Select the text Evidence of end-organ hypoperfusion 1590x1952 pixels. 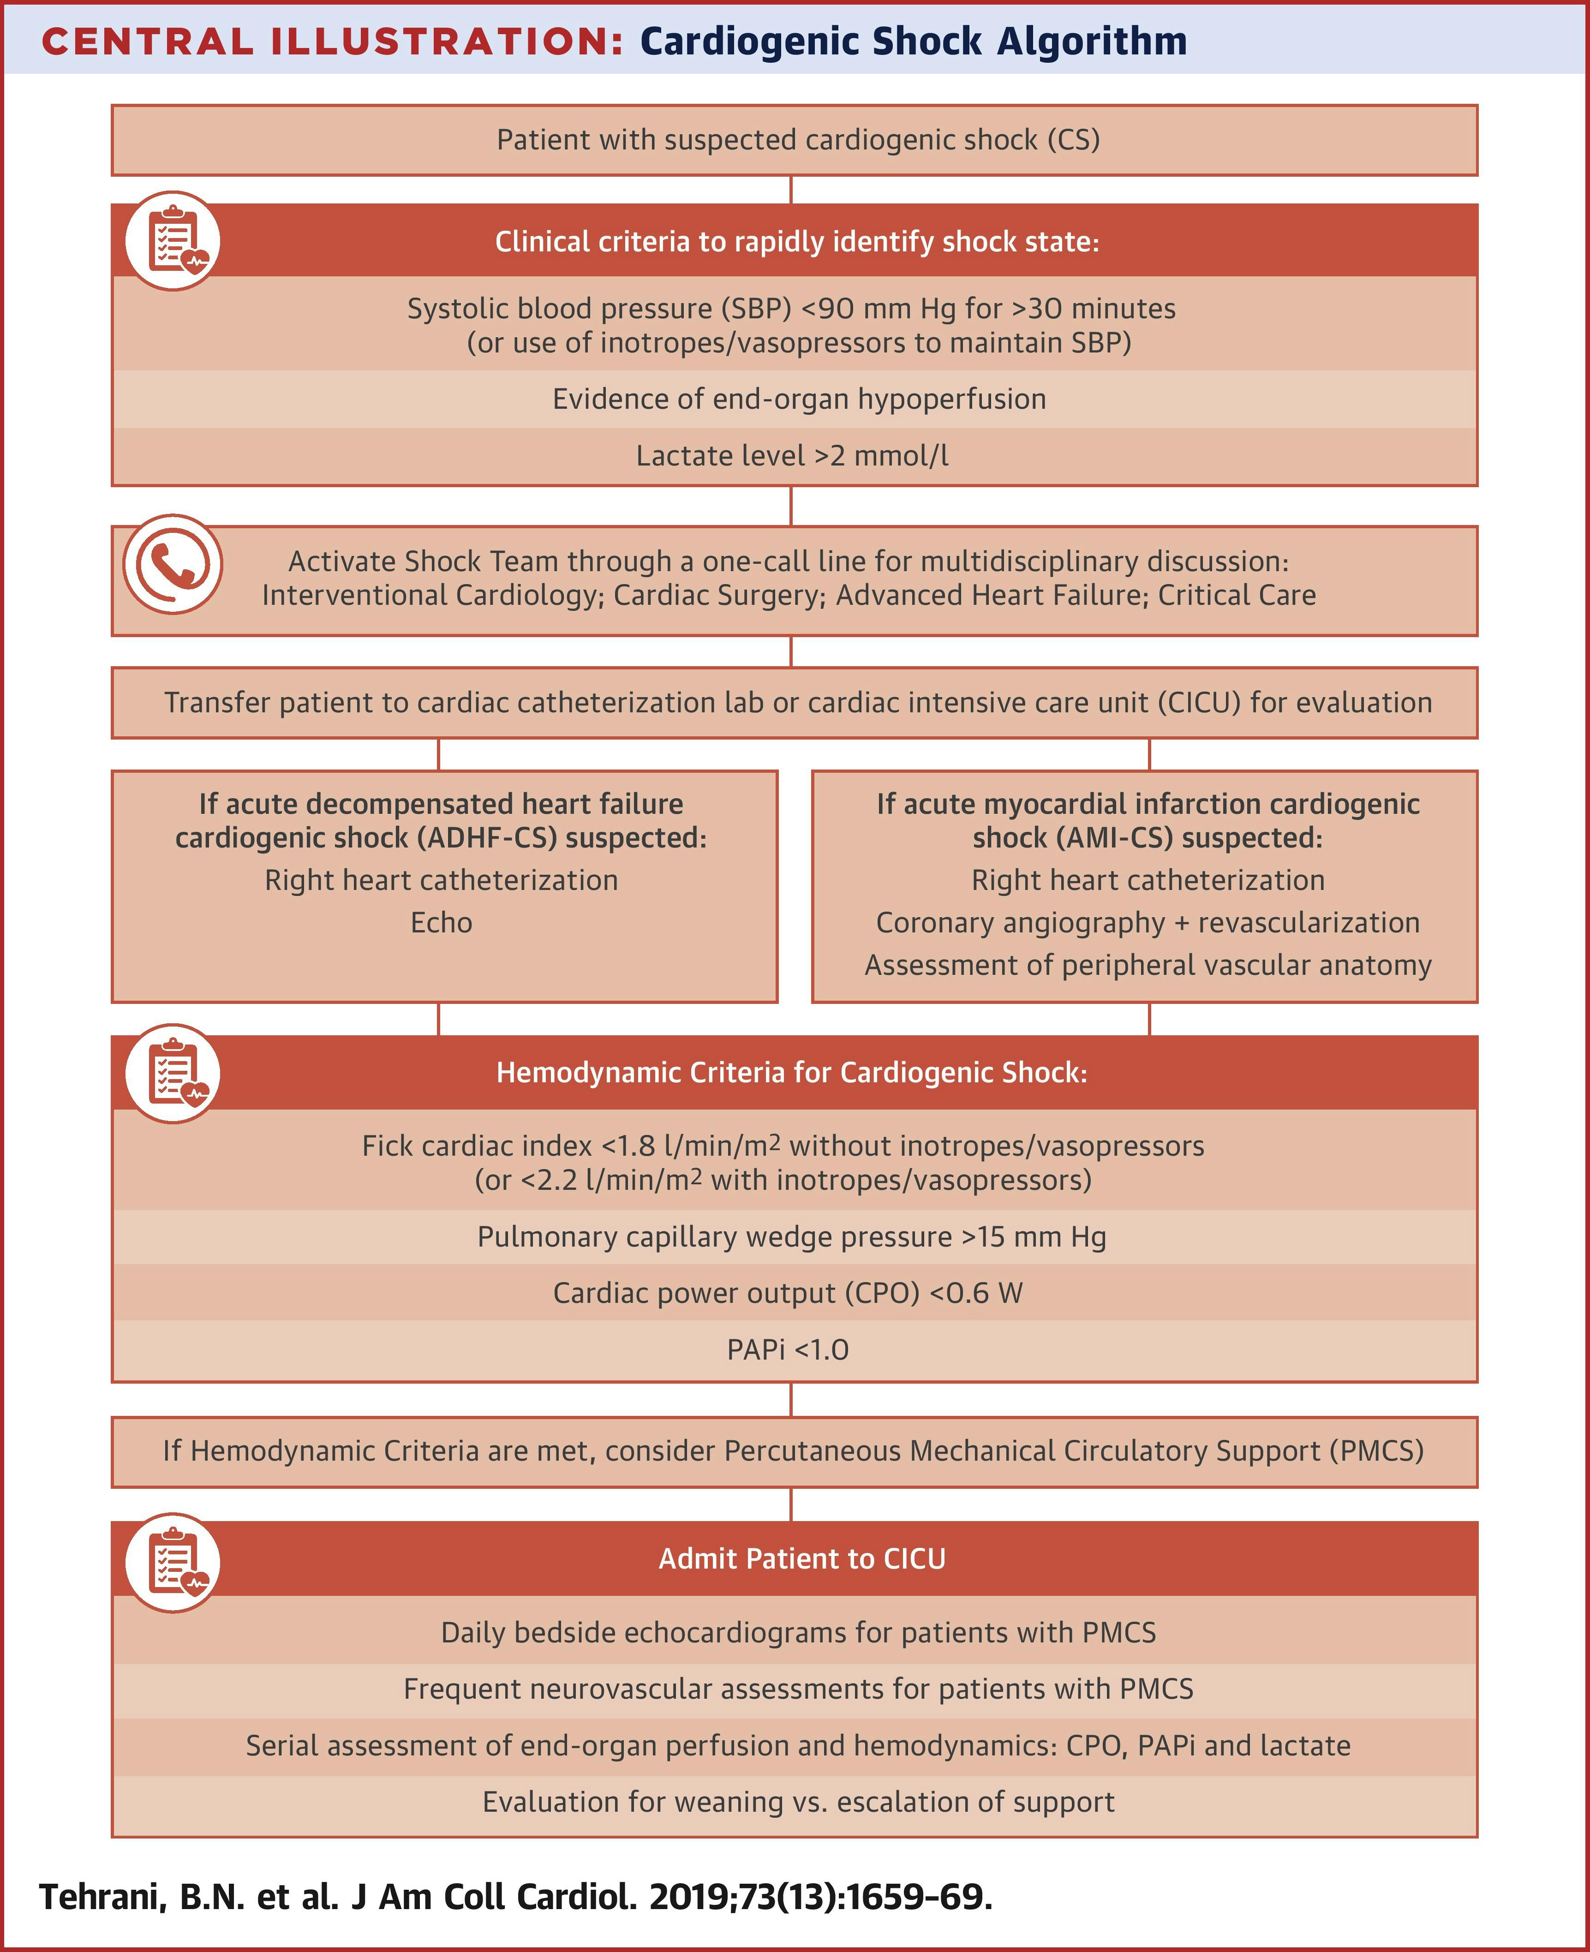pos(799,399)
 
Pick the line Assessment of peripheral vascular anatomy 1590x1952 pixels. pos(1148,965)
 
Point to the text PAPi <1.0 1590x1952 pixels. pos(788,1349)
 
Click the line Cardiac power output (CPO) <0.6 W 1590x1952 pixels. pos(788,1293)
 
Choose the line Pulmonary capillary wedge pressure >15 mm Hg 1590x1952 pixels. pos(791,1237)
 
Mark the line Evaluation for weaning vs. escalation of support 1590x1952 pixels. pos(799,1802)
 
